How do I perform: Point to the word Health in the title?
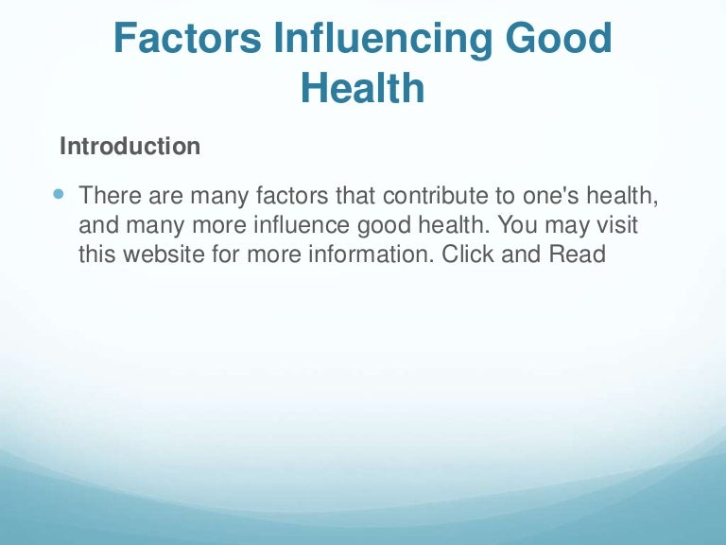click(x=362, y=89)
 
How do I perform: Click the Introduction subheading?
click(x=130, y=147)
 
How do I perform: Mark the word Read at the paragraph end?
click(x=576, y=255)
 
